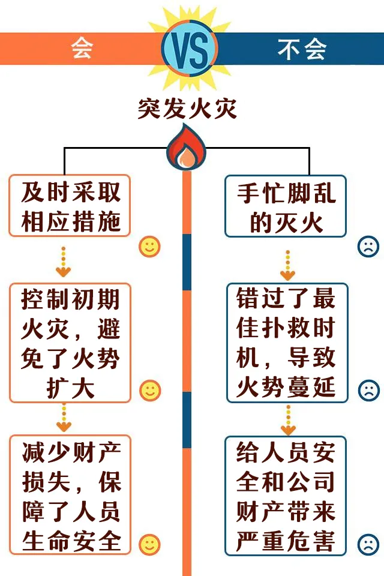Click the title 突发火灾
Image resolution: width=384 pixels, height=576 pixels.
(x=187, y=110)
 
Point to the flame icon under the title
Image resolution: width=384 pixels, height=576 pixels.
(x=187, y=148)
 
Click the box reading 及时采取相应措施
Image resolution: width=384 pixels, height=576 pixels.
(x=71, y=206)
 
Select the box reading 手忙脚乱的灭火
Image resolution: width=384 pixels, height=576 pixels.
(x=286, y=206)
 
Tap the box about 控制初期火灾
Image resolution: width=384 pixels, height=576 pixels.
(x=70, y=343)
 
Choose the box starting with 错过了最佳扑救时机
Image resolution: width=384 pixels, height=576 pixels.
(x=286, y=343)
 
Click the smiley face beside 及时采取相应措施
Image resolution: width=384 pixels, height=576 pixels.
(x=149, y=246)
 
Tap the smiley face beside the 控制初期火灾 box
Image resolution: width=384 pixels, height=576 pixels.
(x=149, y=391)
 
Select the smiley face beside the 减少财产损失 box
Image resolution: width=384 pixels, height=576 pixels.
(x=149, y=544)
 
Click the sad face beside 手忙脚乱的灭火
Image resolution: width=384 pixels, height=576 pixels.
(x=368, y=246)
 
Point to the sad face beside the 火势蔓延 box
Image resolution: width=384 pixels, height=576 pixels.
(x=368, y=391)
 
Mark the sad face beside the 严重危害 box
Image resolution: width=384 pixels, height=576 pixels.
(x=368, y=544)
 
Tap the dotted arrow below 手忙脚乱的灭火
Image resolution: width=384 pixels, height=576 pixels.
(x=288, y=264)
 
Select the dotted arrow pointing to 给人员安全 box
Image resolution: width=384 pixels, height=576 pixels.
(x=288, y=419)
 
